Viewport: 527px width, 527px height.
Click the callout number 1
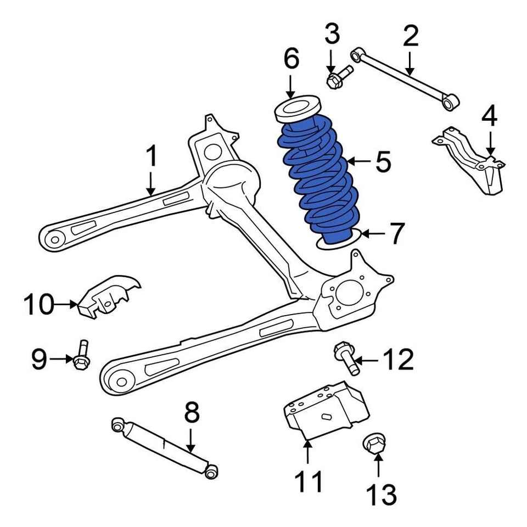(151, 157)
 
